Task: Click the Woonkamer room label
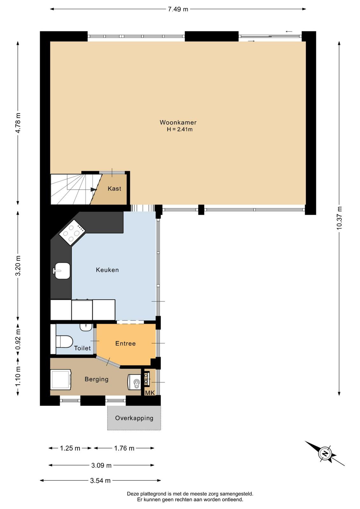pyautogui.click(x=178, y=122)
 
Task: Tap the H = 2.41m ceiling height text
pyautogui.click(x=180, y=129)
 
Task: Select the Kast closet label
pyautogui.click(x=114, y=189)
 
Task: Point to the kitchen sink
pyautogui.click(x=61, y=271)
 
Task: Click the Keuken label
pyautogui.click(x=107, y=270)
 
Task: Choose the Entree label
pyautogui.click(x=125, y=343)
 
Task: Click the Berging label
pyautogui.click(x=97, y=379)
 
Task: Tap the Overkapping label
pyautogui.click(x=134, y=418)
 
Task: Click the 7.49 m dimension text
pyautogui.click(x=178, y=9)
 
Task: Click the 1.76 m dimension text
pyautogui.click(x=124, y=448)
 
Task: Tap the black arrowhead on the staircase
pyautogui.click(x=93, y=189)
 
